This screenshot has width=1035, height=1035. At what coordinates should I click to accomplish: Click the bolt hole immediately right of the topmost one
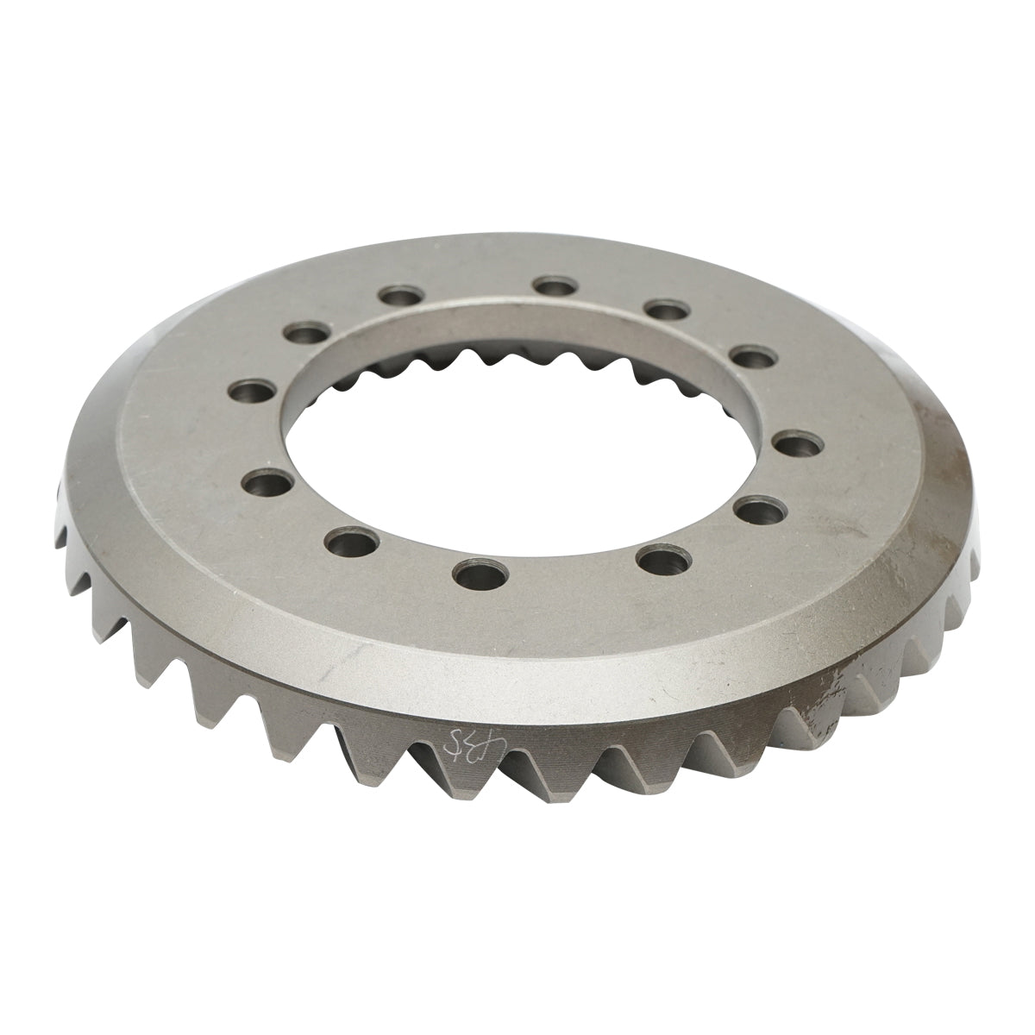point(663,310)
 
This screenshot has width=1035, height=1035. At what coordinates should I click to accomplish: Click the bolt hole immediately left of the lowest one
point(350,543)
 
